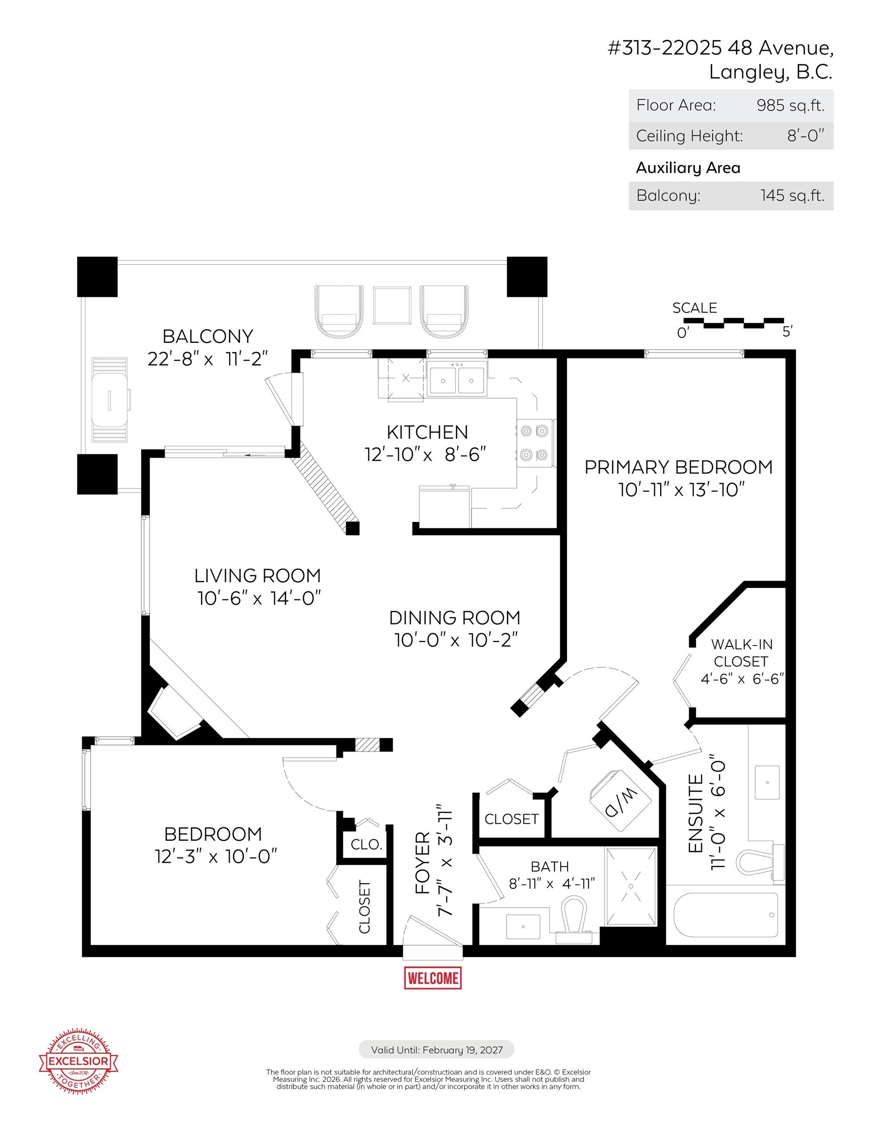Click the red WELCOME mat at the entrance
click(x=432, y=977)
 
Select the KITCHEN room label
click(x=427, y=432)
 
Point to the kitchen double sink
click(x=457, y=379)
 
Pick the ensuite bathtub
click(x=725, y=914)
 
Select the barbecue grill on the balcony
click(x=110, y=399)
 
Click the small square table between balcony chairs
click(x=392, y=305)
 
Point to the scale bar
click(x=734, y=323)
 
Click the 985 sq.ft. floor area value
click(x=790, y=105)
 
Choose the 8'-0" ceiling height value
click(x=805, y=135)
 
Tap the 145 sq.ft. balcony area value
click(x=792, y=196)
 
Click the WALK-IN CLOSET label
click(x=741, y=652)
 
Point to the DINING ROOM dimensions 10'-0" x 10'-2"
click(x=456, y=640)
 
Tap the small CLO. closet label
click(x=366, y=845)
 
